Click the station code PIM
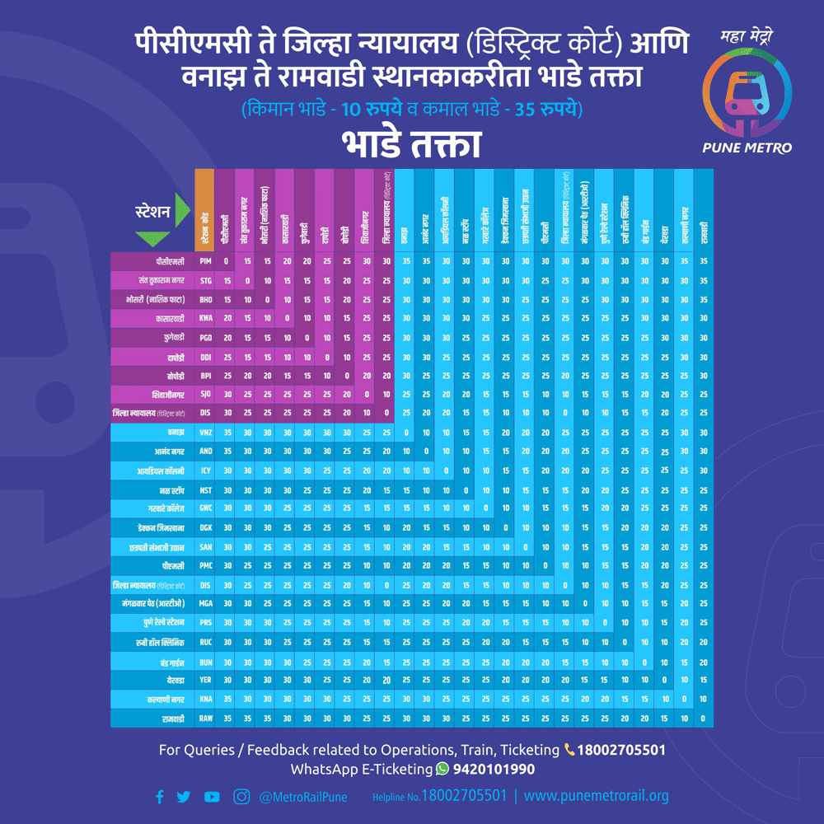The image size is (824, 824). click(x=205, y=260)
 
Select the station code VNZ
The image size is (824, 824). click(x=205, y=433)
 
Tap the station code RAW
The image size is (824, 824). click(x=205, y=719)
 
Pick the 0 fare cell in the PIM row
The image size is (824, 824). click(x=225, y=260)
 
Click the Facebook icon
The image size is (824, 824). click(x=160, y=797)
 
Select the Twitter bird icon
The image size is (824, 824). click(x=183, y=797)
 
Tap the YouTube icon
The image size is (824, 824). click(x=212, y=797)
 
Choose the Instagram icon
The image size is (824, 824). click(x=241, y=797)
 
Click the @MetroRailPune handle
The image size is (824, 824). click(x=302, y=797)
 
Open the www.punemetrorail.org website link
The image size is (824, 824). click(x=596, y=796)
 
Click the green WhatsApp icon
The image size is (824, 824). click(x=443, y=769)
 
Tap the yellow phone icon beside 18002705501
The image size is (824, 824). click(x=570, y=750)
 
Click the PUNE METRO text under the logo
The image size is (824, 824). click(x=747, y=147)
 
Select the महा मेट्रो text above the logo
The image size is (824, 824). click(x=746, y=37)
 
